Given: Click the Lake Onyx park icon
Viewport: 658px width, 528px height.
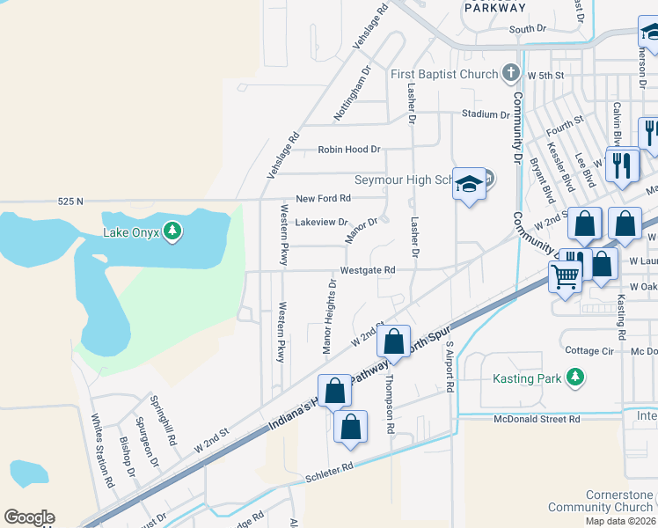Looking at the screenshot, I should [174, 231].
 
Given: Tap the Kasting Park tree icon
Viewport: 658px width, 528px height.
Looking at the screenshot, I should [575, 378].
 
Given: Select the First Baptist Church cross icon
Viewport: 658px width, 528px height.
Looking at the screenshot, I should [511, 74].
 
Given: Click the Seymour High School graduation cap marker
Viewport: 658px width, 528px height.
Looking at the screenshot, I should [469, 184].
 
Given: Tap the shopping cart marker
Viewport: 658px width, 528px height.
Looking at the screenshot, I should [566, 276].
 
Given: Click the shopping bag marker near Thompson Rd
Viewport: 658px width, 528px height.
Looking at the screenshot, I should [395, 341].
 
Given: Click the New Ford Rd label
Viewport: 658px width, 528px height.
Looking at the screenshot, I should [323, 199].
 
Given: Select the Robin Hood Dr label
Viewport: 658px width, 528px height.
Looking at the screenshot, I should [349, 150].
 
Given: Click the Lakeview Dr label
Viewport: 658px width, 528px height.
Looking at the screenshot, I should [321, 223].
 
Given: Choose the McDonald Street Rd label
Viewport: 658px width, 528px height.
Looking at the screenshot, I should [537, 420].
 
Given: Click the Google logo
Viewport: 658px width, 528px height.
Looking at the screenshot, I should [29, 517].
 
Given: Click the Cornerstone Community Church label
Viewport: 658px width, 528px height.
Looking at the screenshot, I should [601, 501].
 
